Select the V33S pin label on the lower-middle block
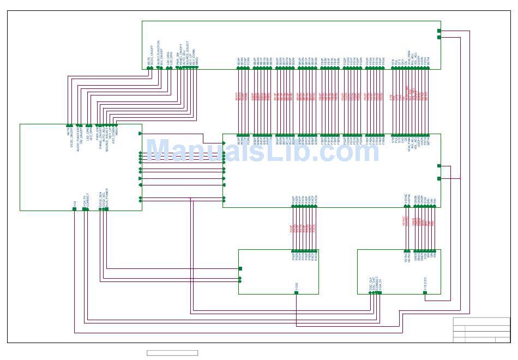tap(297, 286)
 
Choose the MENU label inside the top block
tap(197, 62)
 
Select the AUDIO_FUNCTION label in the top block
tap(158, 55)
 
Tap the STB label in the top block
tap(393, 63)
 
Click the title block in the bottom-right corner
tap(481, 330)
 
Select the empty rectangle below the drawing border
tap(172, 353)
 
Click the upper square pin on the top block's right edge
tap(439, 31)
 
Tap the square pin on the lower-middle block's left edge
tap(240, 268)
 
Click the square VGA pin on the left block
tap(75, 208)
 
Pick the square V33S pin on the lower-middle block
tap(297, 293)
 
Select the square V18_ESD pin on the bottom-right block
tap(425, 293)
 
